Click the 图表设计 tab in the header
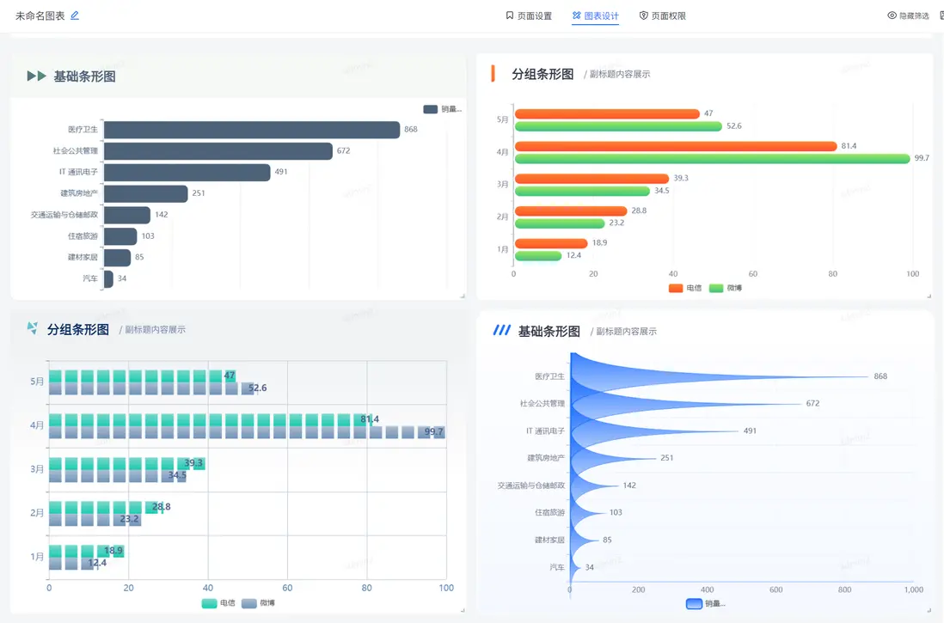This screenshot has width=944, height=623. tap(595, 15)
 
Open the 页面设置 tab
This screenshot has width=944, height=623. tap(529, 15)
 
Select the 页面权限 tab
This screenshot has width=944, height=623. tap(662, 15)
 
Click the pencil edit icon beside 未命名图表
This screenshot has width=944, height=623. tap(75, 15)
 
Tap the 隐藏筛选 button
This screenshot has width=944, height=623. tap(908, 15)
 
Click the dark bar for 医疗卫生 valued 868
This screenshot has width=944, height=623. tap(251, 130)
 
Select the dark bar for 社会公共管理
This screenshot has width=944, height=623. tap(218, 151)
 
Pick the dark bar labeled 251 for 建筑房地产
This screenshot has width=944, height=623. tap(145, 193)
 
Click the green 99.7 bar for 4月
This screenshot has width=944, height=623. tap(712, 158)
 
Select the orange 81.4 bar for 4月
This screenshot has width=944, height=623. tap(675, 146)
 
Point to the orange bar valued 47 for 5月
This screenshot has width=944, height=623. tap(607, 113)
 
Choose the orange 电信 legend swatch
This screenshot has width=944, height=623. tap(676, 288)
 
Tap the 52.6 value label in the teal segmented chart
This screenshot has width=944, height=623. tap(257, 388)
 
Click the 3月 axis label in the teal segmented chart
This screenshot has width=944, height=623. tap(37, 469)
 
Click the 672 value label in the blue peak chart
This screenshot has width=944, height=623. tap(812, 403)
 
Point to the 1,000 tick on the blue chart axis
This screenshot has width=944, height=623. tap(913, 589)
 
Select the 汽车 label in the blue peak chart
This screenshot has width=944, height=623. tap(558, 567)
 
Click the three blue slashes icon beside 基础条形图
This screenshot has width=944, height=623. tap(501, 331)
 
